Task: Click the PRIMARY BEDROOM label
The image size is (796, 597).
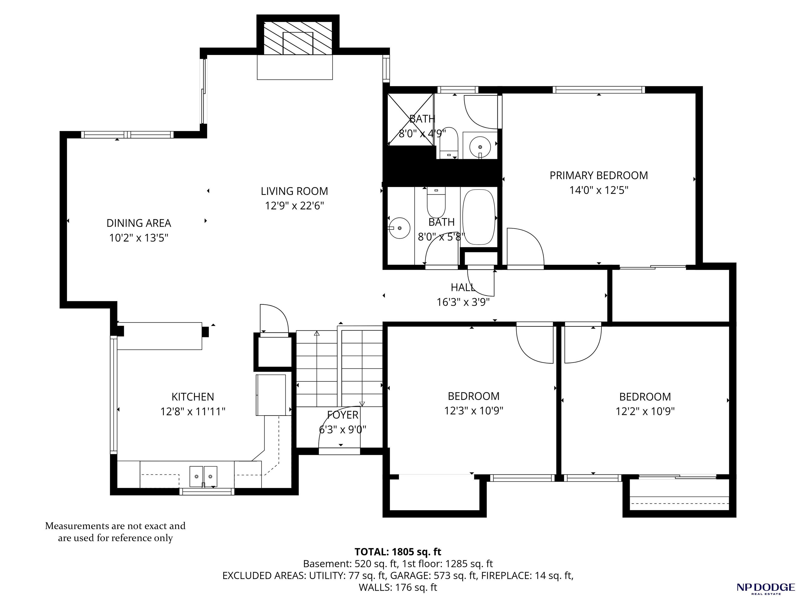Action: pos(599,176)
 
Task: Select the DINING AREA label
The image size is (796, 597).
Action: pos(139,223)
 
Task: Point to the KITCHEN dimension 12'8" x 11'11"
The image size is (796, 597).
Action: pos(193,411)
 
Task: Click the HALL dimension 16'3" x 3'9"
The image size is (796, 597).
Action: pos(463,302)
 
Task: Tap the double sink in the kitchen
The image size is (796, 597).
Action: pos(204,477)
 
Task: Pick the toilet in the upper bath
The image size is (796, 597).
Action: pos(448,143)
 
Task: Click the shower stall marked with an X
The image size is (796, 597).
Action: pos(411,119)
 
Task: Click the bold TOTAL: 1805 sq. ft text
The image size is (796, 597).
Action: pos(398,552)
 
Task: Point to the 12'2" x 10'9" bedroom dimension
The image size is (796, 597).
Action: pos(645,411)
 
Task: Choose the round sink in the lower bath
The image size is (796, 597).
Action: pos(400,228)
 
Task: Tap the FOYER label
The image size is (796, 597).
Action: pos(343,415)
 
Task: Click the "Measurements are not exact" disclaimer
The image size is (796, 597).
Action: pos(115,532)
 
